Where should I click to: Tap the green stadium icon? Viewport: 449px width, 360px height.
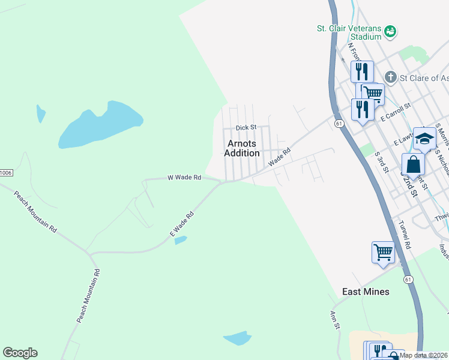tap(390, 30)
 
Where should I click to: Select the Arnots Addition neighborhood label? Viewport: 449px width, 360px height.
tap(242, 148)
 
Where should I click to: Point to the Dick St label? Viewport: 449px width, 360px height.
tap(246, 127)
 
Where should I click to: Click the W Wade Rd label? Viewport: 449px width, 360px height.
tap(184, 177)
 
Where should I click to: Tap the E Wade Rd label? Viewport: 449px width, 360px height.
tap(182, 224)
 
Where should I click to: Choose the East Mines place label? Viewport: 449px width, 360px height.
tap(366, 292)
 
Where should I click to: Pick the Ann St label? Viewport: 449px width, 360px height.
tap(335, 319)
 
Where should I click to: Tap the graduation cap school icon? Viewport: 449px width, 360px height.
tap(424, 138)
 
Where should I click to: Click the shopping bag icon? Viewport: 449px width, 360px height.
tap(414, 164)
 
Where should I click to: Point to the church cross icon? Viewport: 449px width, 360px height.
tap(391, 77)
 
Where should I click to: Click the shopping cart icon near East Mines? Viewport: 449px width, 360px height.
tap(383, 251)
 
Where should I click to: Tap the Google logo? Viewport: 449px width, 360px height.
tap(20, 353)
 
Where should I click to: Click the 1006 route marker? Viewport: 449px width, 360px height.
tap(5, 172)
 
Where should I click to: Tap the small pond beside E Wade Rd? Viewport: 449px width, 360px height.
tap(181, 240)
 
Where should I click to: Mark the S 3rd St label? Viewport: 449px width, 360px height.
tap(381, 160)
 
